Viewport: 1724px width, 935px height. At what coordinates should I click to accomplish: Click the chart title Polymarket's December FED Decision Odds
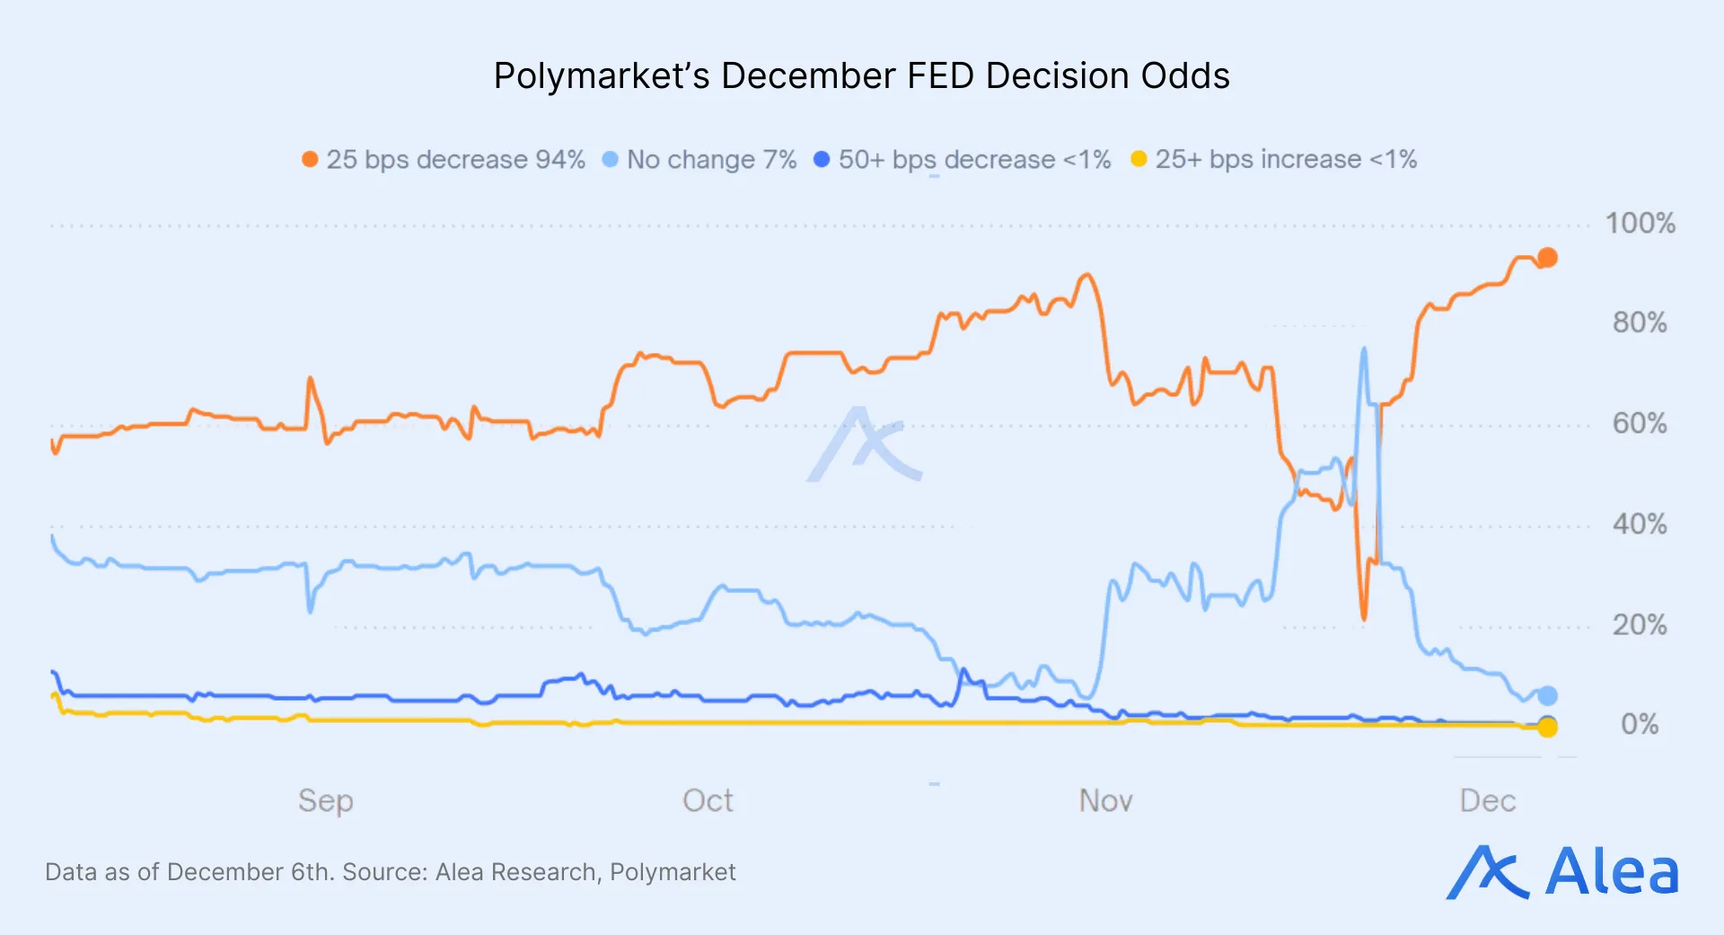[861, 76]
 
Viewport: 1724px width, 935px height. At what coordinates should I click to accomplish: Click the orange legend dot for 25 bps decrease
[310, 159]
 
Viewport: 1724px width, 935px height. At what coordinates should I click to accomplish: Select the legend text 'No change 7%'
[711, 160]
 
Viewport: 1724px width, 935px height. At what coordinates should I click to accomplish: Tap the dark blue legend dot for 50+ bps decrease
[821, 159]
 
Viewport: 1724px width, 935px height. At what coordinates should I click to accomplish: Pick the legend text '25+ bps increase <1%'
[1286, 160]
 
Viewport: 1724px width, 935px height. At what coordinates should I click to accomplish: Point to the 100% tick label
[1640, 224]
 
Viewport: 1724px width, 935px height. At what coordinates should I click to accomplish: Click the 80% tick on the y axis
[1640, 323]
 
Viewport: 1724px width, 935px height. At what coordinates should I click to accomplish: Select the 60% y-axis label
[1640, 424]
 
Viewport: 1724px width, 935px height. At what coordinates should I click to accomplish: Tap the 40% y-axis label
[1640, 525]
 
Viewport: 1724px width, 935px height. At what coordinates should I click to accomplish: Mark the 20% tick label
[1640, 625]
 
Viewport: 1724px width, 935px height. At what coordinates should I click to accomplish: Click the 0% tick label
[1640, 725]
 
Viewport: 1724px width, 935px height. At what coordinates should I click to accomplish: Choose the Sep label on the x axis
[326, 801]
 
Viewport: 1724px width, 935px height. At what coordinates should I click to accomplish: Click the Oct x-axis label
[708, 801]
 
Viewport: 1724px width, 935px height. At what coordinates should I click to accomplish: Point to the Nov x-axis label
[1105, 801]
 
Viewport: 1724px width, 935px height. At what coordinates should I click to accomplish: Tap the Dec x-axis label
[1488, 801]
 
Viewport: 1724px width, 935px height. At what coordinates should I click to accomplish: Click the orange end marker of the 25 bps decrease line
[1547, 258]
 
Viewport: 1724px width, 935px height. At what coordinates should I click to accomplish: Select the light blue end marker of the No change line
[1547, 695]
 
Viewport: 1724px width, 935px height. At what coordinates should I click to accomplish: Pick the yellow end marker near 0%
[1547, 728]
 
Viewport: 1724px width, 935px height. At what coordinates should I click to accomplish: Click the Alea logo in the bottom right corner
[1562, 872]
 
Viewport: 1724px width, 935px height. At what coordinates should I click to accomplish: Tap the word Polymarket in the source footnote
[673, 872]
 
